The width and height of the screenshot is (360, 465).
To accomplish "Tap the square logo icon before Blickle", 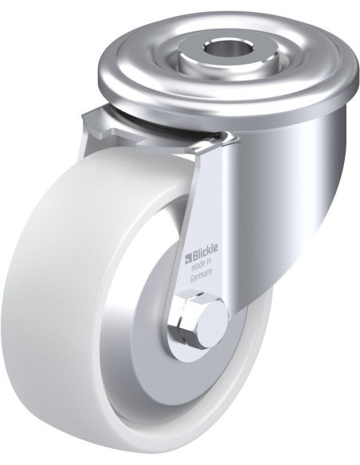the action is [188, 260].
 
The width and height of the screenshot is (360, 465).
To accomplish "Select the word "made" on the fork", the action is [198, 267].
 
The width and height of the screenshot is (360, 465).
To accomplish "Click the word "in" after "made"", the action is [209, 263].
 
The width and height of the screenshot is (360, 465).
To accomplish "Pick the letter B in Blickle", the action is [195, 257].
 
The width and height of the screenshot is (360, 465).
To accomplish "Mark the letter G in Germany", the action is [192, 279].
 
